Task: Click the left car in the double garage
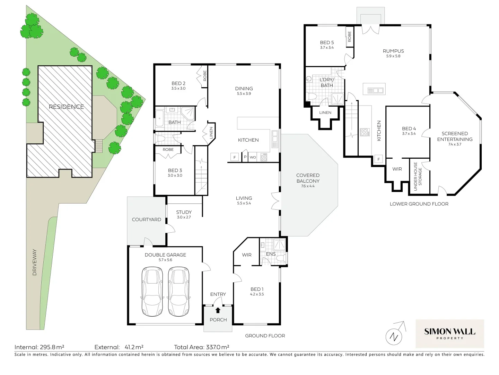[152, 291]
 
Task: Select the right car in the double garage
[179, 291]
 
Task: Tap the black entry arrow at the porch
[218, 310]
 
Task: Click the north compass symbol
[394, 336]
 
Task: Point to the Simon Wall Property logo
[449, 333]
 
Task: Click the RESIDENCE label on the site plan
[66, 107]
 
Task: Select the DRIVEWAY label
[34, 262]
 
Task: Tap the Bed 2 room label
[178, 83]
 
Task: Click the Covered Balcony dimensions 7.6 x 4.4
[308, 186]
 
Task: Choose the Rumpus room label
[393, 51]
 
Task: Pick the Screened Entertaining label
[455, 136]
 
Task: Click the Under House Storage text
[418, 176]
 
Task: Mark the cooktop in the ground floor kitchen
[264, 157]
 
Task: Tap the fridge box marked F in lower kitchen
[378, 159]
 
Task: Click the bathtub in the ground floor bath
[159, 119]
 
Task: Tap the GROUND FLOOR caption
[265, 336]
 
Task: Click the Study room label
[184, 212]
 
